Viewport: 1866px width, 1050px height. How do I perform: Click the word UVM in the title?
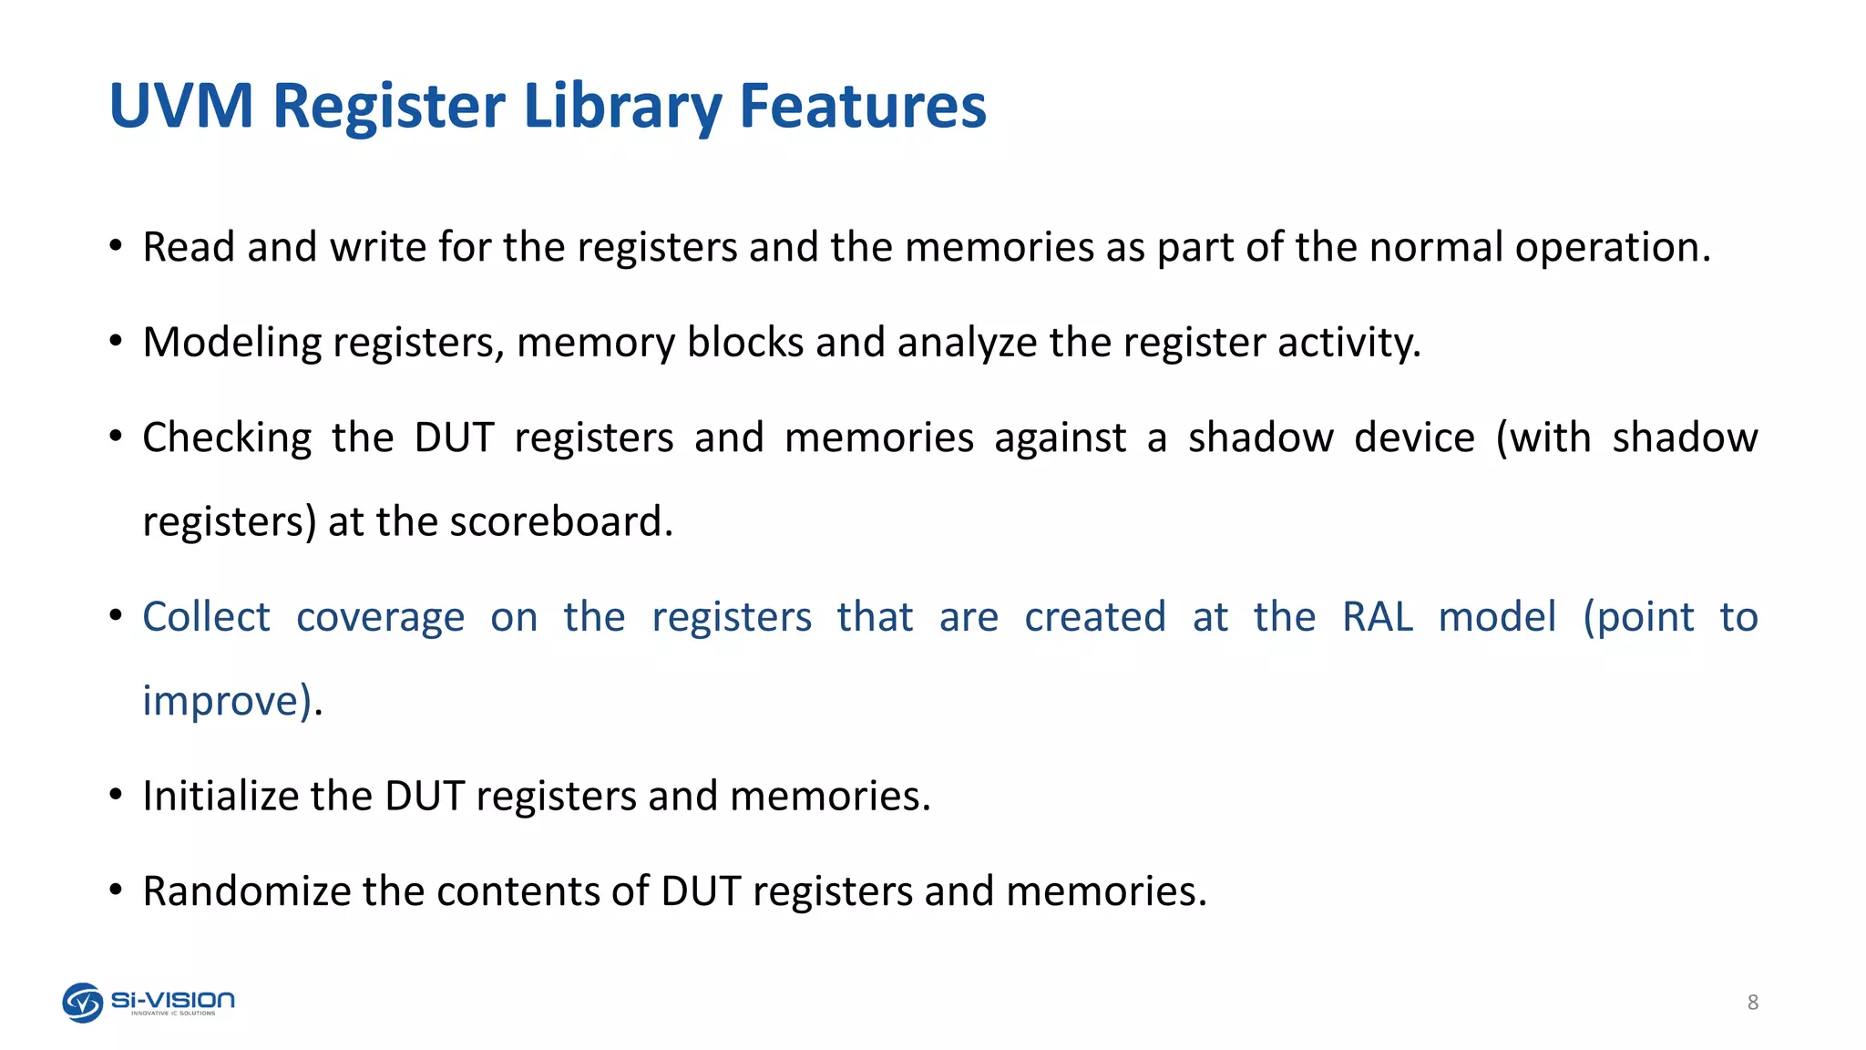tap(180, 106)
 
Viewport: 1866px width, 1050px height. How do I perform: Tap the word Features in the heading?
tap(862, 106)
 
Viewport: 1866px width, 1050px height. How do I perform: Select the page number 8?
tap(1752, 1003)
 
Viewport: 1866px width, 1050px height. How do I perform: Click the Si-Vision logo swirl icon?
tap(82, 1003)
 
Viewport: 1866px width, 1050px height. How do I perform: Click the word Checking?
tap(227, 438)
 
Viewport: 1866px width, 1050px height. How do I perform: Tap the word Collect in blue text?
tap(207, 617)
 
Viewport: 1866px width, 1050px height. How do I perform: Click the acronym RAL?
tap(1377, 617)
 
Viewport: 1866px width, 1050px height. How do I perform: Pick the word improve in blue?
tap(221, 701)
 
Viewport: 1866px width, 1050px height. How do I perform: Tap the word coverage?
tap(380, 617)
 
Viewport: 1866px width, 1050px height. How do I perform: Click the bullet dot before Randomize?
tap(116, 889)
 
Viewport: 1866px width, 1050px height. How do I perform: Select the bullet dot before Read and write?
tap(116, 246)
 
